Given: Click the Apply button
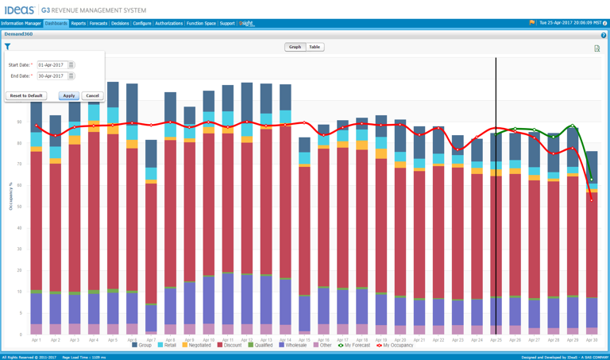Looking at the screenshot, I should pos(69,95).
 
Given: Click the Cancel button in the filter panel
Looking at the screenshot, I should pos(92,95).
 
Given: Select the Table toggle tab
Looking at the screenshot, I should pos(315,47).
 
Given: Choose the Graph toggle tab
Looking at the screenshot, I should pos(295,47).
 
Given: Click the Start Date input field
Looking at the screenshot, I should pos(52,65).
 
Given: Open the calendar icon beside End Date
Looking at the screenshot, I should pos(71,76).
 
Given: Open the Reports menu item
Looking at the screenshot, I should pos(78,24).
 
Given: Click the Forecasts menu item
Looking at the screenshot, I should pos(98,24).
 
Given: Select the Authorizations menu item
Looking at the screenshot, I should pos(168,24).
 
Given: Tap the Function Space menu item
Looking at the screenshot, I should pos(201,24).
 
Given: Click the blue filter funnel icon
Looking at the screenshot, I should pos(7,47).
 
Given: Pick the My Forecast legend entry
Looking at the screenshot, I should pos(354,346).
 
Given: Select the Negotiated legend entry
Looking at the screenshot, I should pos(199,346).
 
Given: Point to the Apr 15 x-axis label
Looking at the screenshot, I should pos(304,339).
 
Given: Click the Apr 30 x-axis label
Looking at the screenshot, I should pos(592,339).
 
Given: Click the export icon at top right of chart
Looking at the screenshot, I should pos(596,48).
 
